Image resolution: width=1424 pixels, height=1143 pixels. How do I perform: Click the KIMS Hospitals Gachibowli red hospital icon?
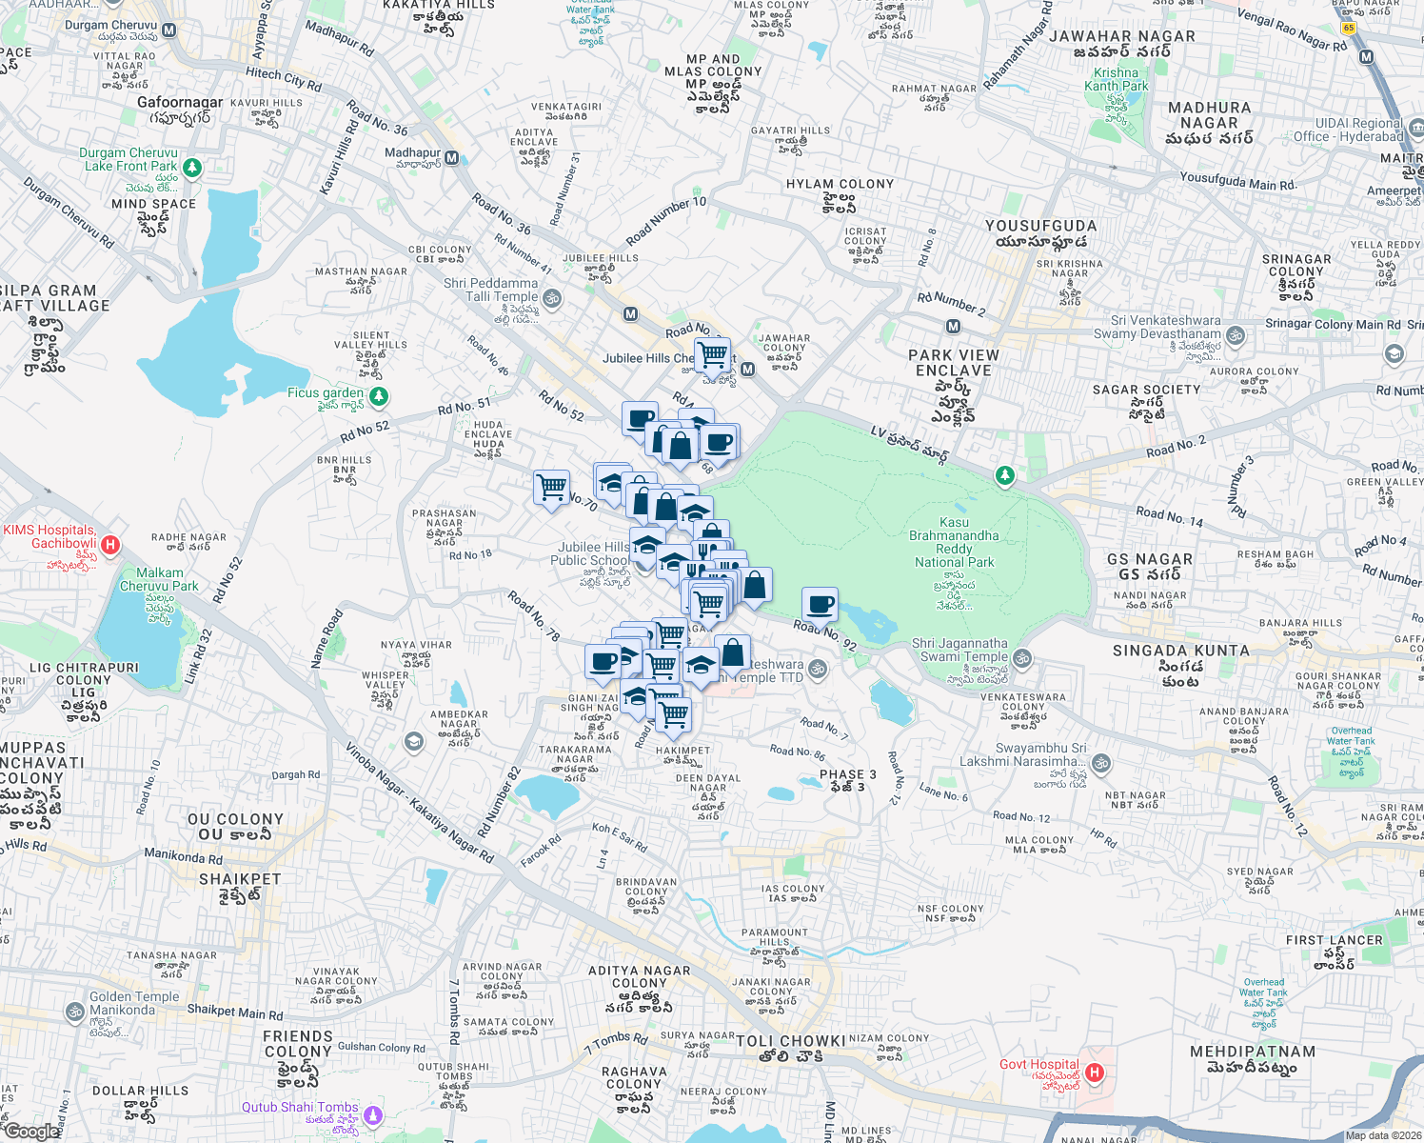110,545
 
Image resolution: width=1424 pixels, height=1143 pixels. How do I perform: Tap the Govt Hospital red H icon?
1095,1073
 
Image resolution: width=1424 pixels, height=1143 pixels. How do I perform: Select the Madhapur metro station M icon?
452,158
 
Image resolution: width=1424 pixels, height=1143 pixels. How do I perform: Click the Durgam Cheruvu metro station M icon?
169,30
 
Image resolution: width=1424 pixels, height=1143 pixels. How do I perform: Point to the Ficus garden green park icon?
379,395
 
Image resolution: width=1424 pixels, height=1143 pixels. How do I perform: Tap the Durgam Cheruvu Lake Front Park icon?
192,168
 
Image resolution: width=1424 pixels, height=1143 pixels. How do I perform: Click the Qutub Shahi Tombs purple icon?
374,1114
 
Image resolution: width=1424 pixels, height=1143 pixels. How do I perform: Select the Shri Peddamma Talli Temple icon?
552,298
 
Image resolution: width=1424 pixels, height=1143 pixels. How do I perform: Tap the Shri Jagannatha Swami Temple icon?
1022,657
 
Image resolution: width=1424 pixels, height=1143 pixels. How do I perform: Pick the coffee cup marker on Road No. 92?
820,604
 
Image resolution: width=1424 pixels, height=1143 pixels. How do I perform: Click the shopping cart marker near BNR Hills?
552,488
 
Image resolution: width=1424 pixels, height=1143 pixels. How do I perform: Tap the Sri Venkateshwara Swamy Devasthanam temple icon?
1236,335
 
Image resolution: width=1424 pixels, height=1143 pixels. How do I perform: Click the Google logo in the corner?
32,1131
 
